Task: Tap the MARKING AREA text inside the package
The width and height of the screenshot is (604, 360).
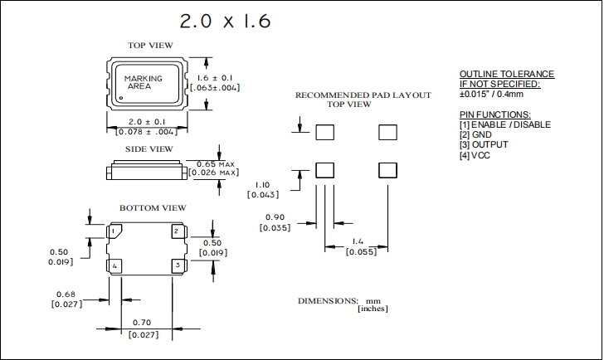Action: point(143,81)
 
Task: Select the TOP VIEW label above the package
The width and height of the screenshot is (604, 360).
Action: point(149,45)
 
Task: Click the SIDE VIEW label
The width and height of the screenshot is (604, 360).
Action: point(149,148)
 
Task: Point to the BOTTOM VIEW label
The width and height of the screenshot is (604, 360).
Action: point(153,207)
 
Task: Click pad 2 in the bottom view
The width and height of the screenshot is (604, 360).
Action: point(177,231)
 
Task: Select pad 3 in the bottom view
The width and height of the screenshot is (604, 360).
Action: point(177,265)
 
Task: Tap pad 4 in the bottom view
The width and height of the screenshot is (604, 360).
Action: point(114,265)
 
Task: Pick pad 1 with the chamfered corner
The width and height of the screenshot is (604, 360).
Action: point(114,231)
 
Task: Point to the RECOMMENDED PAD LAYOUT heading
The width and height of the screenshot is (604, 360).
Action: point(363,95)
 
